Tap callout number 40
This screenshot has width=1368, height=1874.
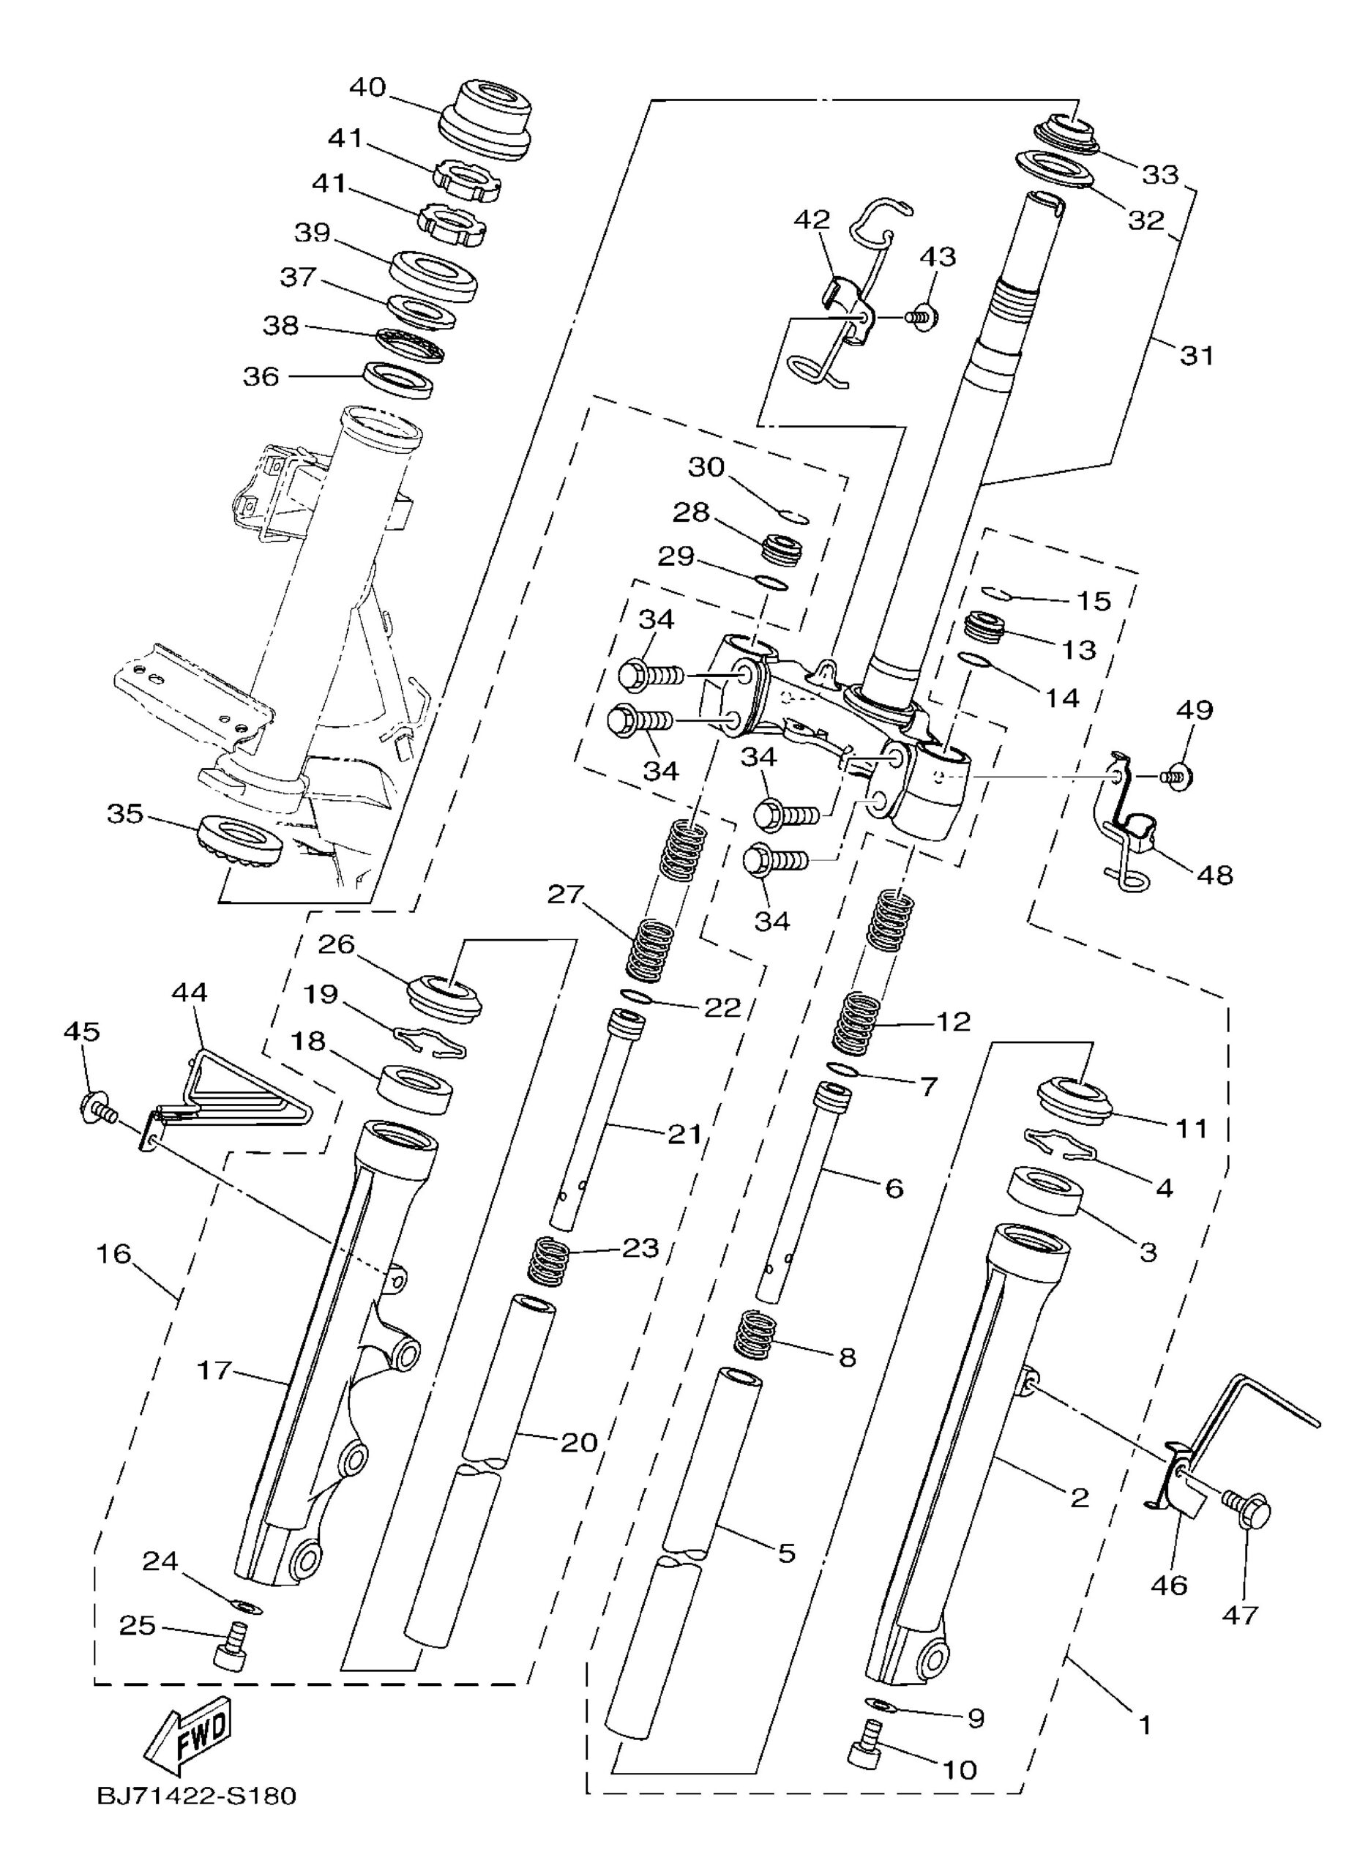coord(367,87)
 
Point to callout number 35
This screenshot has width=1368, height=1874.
coord(126,814)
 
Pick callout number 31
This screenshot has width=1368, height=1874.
coord(1195,356)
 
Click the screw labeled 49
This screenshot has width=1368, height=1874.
coord(1177,777)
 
